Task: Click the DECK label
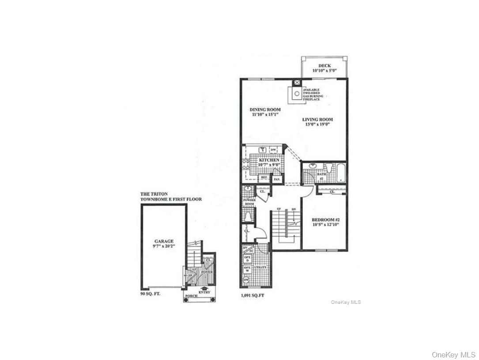click(324, 66)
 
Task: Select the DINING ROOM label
click(265, 110)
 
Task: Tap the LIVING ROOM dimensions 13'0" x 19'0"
click(317, 125)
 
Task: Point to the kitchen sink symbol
click(262, 150)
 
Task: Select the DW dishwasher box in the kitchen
click(273, 150)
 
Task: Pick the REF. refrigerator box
click(264, 177)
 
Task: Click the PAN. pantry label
click(277, 179)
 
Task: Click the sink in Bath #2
click(313, 167)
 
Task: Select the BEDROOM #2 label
click(324, 220)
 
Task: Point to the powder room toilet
click(248, 216)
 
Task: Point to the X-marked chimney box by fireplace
click(297, 82)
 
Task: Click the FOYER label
click(207, 272)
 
